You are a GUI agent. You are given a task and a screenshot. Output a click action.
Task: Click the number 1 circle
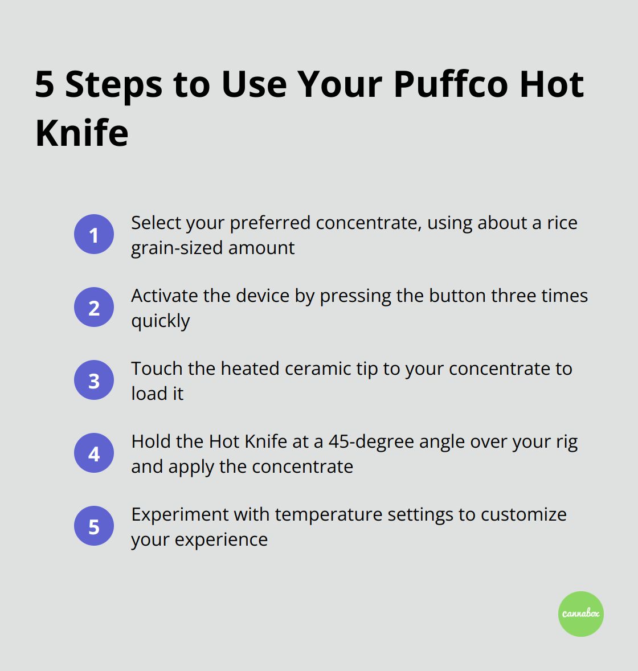94,234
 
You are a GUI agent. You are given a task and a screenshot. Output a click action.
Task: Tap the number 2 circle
94,307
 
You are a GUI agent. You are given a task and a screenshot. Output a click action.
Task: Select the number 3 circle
94,380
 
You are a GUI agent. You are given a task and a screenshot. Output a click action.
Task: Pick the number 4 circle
94,453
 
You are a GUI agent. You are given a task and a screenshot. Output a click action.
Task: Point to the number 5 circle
94,526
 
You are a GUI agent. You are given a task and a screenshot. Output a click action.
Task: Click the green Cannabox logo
580,613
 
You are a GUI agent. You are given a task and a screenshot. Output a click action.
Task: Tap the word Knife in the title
81,133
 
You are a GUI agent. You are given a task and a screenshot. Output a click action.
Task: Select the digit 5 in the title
44,84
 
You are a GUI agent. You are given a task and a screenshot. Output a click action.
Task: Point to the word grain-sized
177,248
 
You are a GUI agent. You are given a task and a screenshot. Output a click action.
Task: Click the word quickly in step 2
161,321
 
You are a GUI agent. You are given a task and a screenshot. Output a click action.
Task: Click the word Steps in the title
114,84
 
